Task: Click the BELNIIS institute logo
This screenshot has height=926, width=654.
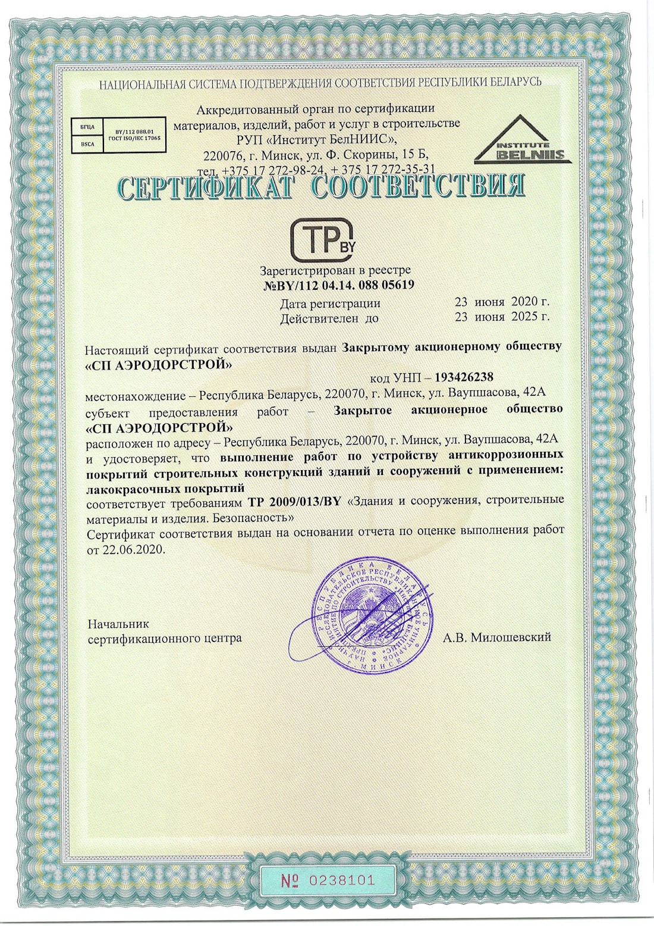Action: point(523,141)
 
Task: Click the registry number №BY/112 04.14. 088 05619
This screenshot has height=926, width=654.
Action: point(338,285)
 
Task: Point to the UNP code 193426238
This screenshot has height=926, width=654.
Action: point(464,377)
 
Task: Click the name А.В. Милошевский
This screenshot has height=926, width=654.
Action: point(496,637)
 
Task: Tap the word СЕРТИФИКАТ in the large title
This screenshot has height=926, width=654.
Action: point(206,188)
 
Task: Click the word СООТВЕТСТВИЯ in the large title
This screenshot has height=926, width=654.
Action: point(418,187)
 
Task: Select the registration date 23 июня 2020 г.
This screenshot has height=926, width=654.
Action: point(502,302)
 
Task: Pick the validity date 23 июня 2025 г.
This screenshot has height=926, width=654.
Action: point(502,317)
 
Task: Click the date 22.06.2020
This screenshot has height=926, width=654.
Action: point(133,550)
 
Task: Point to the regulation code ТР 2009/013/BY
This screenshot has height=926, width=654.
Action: point(294,501)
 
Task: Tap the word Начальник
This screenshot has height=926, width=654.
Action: point(118,624)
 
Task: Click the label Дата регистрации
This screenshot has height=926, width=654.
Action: point(330,304)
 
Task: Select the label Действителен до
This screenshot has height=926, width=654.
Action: point(329,318)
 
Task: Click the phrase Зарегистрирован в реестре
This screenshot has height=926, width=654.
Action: point(335,271)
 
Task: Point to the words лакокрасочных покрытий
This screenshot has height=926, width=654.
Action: point(165,488)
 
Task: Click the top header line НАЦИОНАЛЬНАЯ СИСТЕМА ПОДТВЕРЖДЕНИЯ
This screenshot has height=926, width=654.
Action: point(320,83)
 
